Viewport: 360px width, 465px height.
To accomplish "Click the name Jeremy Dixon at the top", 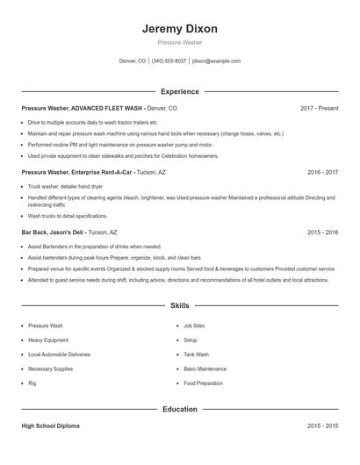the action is pos(179,29).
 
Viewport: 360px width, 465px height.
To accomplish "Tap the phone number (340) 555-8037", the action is pos(169,61).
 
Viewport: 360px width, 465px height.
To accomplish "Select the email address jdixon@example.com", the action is pos(216,61).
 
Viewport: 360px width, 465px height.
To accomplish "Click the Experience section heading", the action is pos(179,91).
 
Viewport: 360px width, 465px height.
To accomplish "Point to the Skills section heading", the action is pos(179,306).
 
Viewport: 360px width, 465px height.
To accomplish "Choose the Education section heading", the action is pos(179,409).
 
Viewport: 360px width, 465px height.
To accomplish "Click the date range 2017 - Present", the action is pos(319,108).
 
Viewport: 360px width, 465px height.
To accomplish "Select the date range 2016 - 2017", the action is pos(322,173).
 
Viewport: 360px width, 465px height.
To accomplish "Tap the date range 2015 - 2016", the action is pos(322,232).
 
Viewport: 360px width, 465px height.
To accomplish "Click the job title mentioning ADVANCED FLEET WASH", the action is pos(99,108).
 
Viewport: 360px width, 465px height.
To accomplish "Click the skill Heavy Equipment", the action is pos(49,340).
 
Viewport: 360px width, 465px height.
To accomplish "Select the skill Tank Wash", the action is pos(196,354).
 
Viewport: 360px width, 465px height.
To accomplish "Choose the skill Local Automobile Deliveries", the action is pos(59,354).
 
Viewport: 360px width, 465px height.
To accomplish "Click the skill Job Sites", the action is pos(194,325).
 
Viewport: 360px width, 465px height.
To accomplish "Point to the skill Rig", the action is pos(32,383).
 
